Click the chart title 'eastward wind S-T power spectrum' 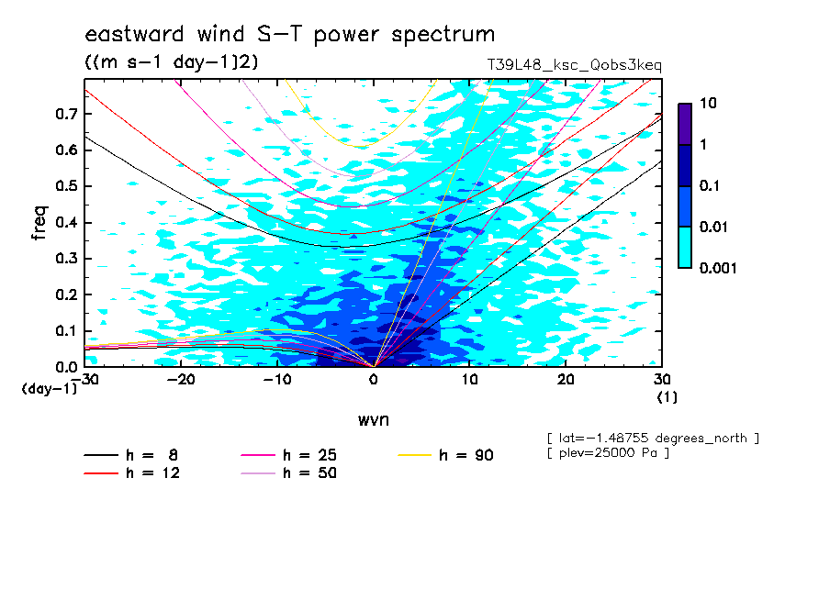tap(289, 35)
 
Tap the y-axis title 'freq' tap(39, 223)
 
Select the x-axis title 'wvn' tap(374, 420)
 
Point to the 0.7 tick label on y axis tap(66, 114)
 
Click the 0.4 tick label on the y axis tap(66, 222)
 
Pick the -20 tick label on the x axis tap(181, 380)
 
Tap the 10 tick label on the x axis tap(469, 380)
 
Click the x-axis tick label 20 tap(566, 380)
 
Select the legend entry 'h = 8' tap(130, 455)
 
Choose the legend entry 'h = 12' tap(132, 472)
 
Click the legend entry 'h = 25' tap(288, 455)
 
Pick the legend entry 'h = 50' tap(288, 472)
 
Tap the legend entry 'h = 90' tap(445, 455)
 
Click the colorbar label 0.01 tap(713, 227)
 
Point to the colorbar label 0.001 tap(718, 268)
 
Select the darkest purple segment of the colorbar tap(685, 124)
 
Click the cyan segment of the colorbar tap(685, 248)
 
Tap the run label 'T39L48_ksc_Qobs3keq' tap(575, 65)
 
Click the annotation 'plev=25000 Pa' tap(609, 453)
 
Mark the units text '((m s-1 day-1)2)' tap(172, 62)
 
